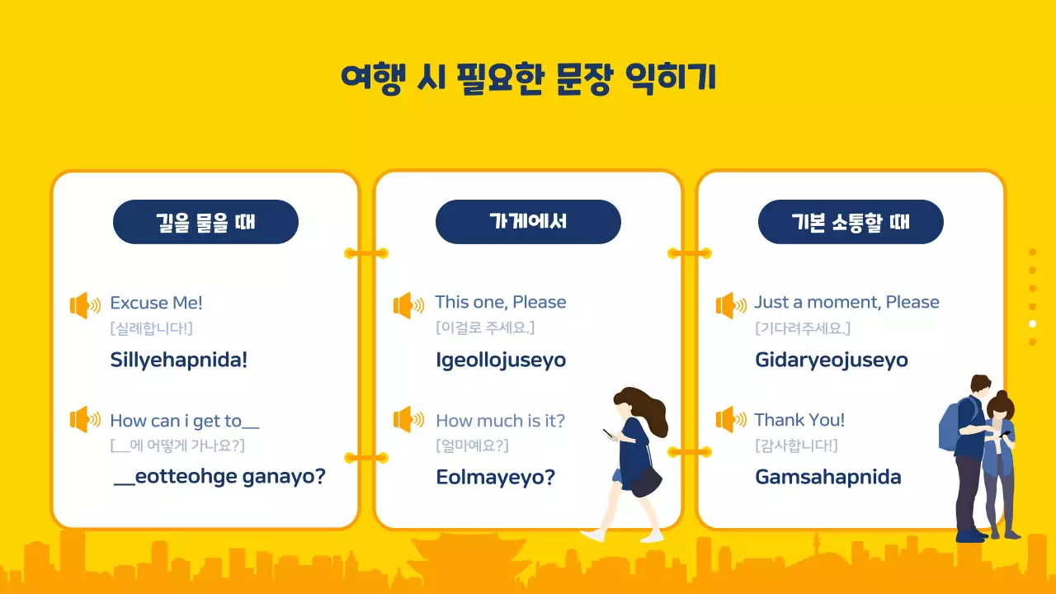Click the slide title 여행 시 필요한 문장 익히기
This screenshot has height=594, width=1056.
point(528,78)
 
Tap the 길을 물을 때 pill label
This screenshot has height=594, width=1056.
point(205,222)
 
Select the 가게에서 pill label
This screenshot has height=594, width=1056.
point(528,222)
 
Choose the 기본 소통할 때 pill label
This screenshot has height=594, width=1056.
point(851,222)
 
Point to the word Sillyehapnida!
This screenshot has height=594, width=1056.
point(178,360)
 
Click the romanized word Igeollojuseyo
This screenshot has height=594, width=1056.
point(501,360)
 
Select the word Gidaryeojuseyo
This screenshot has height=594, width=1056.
point(831,360)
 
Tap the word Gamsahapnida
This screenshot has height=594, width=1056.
point(827,477)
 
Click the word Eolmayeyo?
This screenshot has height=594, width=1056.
point(495,477)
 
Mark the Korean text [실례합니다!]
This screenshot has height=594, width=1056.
point(151,328)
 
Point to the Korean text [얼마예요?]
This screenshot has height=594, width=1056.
point(472,445)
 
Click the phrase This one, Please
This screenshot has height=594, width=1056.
point(501,302)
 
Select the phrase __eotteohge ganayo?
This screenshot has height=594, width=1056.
point(219,477)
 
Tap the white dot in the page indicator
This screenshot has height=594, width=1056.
point(1032,323)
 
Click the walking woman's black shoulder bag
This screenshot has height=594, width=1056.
point(645,480)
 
